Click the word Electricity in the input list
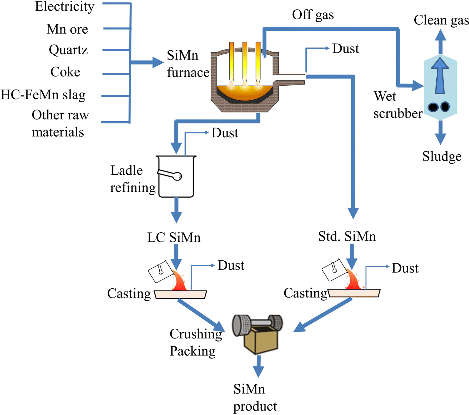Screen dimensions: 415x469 pos(65,7)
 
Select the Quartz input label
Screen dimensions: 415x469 pos(68,50)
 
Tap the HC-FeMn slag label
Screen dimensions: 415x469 pos(43,95)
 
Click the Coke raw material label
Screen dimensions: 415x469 pos(65,72)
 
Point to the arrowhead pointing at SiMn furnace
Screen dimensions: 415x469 pos(158,62)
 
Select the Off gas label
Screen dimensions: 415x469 pos(313,15)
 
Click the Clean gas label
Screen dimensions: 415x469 pos(441,20)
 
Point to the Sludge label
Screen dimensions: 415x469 pos(442,156)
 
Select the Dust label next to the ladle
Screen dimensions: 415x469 pos(225,133)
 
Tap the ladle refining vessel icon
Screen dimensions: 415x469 pos(176,177)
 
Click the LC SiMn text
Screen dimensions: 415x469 pos(174,237)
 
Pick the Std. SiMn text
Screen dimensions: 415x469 pos(347,237)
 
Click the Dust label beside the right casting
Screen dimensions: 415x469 pos(405,268)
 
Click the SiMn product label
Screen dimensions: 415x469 pos(255,398)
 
